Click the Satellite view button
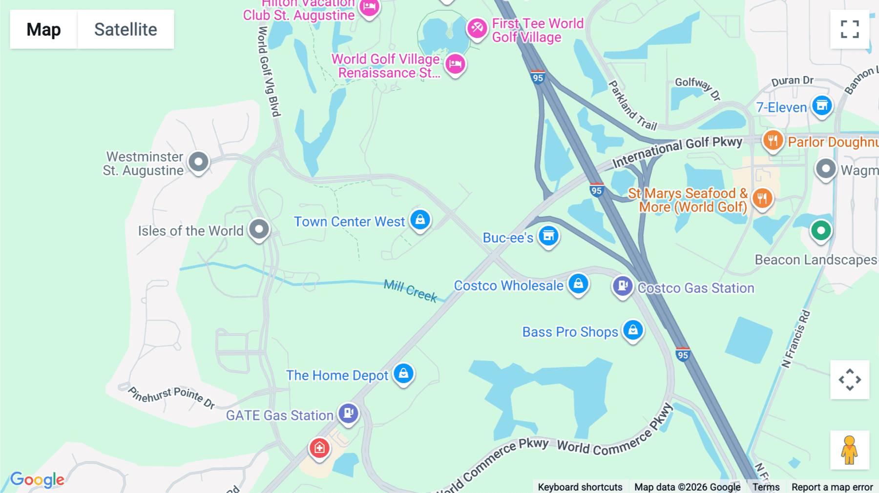click(x=126, y=29)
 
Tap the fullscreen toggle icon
click(x=850, y=29)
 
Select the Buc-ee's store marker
click(x=548, y=236)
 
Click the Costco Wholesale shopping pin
click(x=578, y=284)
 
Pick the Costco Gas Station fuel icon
click(x=623, y=286)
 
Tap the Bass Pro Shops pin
click(x=633, y=330)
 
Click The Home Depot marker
click(x=403, y=374)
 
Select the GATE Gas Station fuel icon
click(x=348, y=413)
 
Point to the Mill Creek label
click(x=410, y=290)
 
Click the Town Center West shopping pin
click(x=420, y=220)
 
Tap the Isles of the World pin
click(x=259, y=229)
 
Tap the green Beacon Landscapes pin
click(x=821, y=230)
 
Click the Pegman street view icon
click(x=850, y=450)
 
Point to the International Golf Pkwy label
click(x=677, y=151)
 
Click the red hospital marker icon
click(x=319, y=448)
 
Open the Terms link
click(x=766, y=487)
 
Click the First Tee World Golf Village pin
click(x=477, y=28)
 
